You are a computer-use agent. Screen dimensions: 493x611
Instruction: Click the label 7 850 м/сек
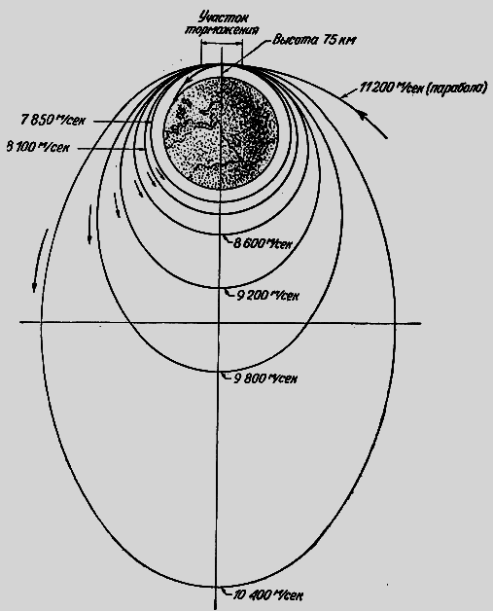pyautogui.click(x=53, y=120)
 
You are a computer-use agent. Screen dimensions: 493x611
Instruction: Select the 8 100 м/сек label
pyautogui.click(x=38, y=147)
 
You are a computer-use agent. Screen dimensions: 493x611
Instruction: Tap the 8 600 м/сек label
pyautogui.click(x=263, y=243)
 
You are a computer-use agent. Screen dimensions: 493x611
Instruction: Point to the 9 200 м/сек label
pyautogui.click(x=267, y=296)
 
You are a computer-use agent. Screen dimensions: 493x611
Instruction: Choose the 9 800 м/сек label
pyautogui.click(x=265, y=378)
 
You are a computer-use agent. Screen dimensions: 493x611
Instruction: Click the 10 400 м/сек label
pyautogui.click(x=268, y=595)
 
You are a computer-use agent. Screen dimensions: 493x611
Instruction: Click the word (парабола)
pyautogui.click(x=456, y=88)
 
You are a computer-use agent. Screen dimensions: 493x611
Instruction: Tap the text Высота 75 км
pyautogui.click(x=313, y=40)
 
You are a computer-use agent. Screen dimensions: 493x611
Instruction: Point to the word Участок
pyautogui.click(x=223, y=18)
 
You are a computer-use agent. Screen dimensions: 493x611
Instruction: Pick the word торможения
pyautogui.click(x=222, y=31)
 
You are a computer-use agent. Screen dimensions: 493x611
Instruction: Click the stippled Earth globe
pyautogui.click(x=221, y=133)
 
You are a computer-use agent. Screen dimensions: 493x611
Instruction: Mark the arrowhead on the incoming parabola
pyautogui.click(x=363, y=116)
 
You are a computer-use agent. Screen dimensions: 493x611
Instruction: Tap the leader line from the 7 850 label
pyautogui.click(x=123, y=122)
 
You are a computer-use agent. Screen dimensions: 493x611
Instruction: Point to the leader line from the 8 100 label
pyautogui.click(x=112, y=148)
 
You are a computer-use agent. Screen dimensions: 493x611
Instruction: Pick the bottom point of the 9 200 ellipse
pyautogui.click(x=220, y=288)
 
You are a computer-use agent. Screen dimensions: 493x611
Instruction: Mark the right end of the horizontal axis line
pyautogui.click(x=421, y=323)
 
